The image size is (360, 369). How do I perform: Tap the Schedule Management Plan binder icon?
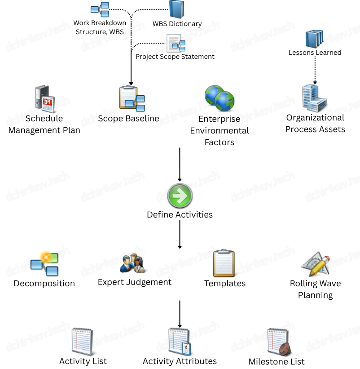(x=44, y=98)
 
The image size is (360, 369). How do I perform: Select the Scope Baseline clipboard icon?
(x=132, y=99)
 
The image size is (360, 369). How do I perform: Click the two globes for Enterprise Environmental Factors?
(x=220, y=98)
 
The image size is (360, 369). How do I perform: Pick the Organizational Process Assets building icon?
(x=314, y=98)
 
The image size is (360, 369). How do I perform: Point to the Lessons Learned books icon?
(x=314, y=39)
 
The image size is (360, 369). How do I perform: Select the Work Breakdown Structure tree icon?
(x=100, y=9)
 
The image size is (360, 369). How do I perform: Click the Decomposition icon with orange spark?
(x=44, y=263)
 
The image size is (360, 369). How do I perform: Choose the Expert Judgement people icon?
(x=133, y=264)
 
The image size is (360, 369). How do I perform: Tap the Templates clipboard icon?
(x=224, y=263)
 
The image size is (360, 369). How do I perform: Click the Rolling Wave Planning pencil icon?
(x=315, y=264)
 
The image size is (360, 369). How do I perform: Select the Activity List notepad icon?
(x=83, y=342)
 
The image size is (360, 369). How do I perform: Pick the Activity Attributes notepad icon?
(x=180, y=342)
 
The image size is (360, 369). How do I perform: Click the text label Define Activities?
(x=180, y=214)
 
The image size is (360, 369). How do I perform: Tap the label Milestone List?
(x=277, y=361)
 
